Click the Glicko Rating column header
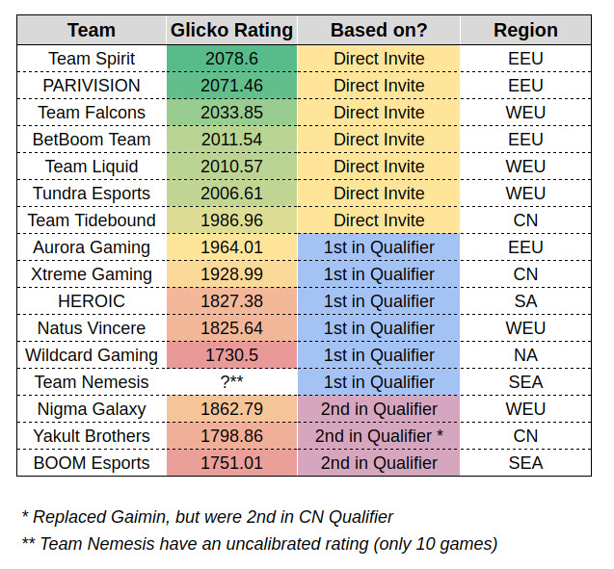click(x=231, y=30)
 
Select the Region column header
click(x=525, y=30)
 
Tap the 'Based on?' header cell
click(x=378, y=30)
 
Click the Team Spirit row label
click(x=92, y=59)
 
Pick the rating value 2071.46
click(x=231, y=86)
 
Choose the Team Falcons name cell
click(x=92, y=113)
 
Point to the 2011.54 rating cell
click(x=231, y=140)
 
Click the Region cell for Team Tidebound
click(x=525, y=220)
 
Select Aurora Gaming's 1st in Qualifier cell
click(x=378, y=247)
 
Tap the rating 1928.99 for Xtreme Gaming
click(x=231, y=274)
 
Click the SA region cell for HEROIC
click(x=525, y=301)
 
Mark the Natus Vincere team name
click(x=92, y=328)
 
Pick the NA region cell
click(x=525, y=355)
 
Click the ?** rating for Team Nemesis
click(x=231, y=382)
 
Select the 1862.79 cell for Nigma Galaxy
click(x=231, y=409)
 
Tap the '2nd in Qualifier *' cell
click(x=378, y=436)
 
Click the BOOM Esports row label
click(x=92, y=463)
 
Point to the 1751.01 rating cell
click(x=231, y=463)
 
